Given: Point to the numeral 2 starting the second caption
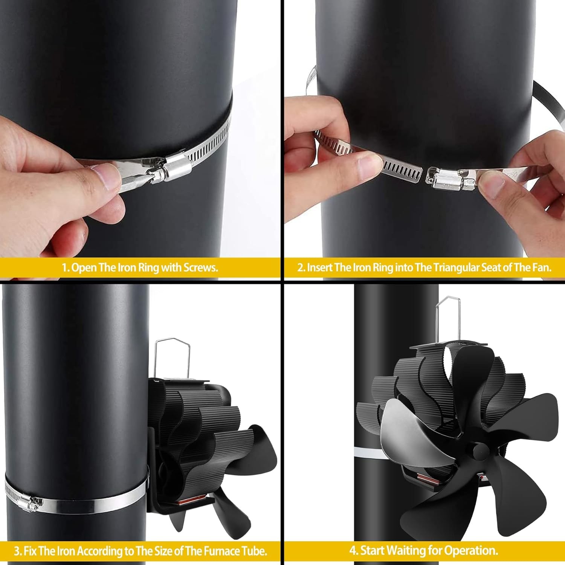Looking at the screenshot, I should coord(300,268).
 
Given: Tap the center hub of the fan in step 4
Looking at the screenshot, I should coord(475,449).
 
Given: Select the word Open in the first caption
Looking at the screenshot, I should coord(84,268).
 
